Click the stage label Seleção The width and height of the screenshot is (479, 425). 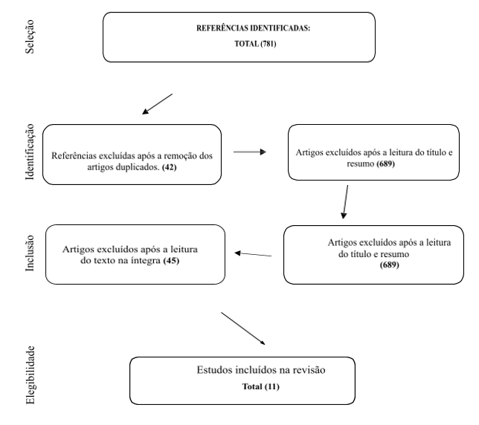(30, 36)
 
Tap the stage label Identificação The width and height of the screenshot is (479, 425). (30, 152)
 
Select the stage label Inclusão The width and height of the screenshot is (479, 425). (30, 253)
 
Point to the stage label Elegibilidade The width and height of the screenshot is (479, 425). (30, 375)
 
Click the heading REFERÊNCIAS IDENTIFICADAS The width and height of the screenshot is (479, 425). (253, 28)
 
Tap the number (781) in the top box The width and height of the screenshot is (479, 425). (269, 44)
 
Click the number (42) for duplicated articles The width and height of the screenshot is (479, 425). (170, 167)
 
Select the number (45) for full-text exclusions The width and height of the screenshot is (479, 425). (171, 261)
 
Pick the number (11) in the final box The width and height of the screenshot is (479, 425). (272, 386)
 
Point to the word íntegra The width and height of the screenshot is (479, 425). (146, 261)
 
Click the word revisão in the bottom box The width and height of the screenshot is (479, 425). (309, 370)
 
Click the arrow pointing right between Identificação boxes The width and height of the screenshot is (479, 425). (250, 152)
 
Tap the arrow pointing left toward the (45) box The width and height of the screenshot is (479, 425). (253, 254)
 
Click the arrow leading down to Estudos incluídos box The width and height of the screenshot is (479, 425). (243, 328)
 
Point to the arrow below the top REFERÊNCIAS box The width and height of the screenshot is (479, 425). (158, 104)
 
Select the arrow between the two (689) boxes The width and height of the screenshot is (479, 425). (345, 202)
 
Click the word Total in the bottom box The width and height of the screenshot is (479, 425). (252, 386)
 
